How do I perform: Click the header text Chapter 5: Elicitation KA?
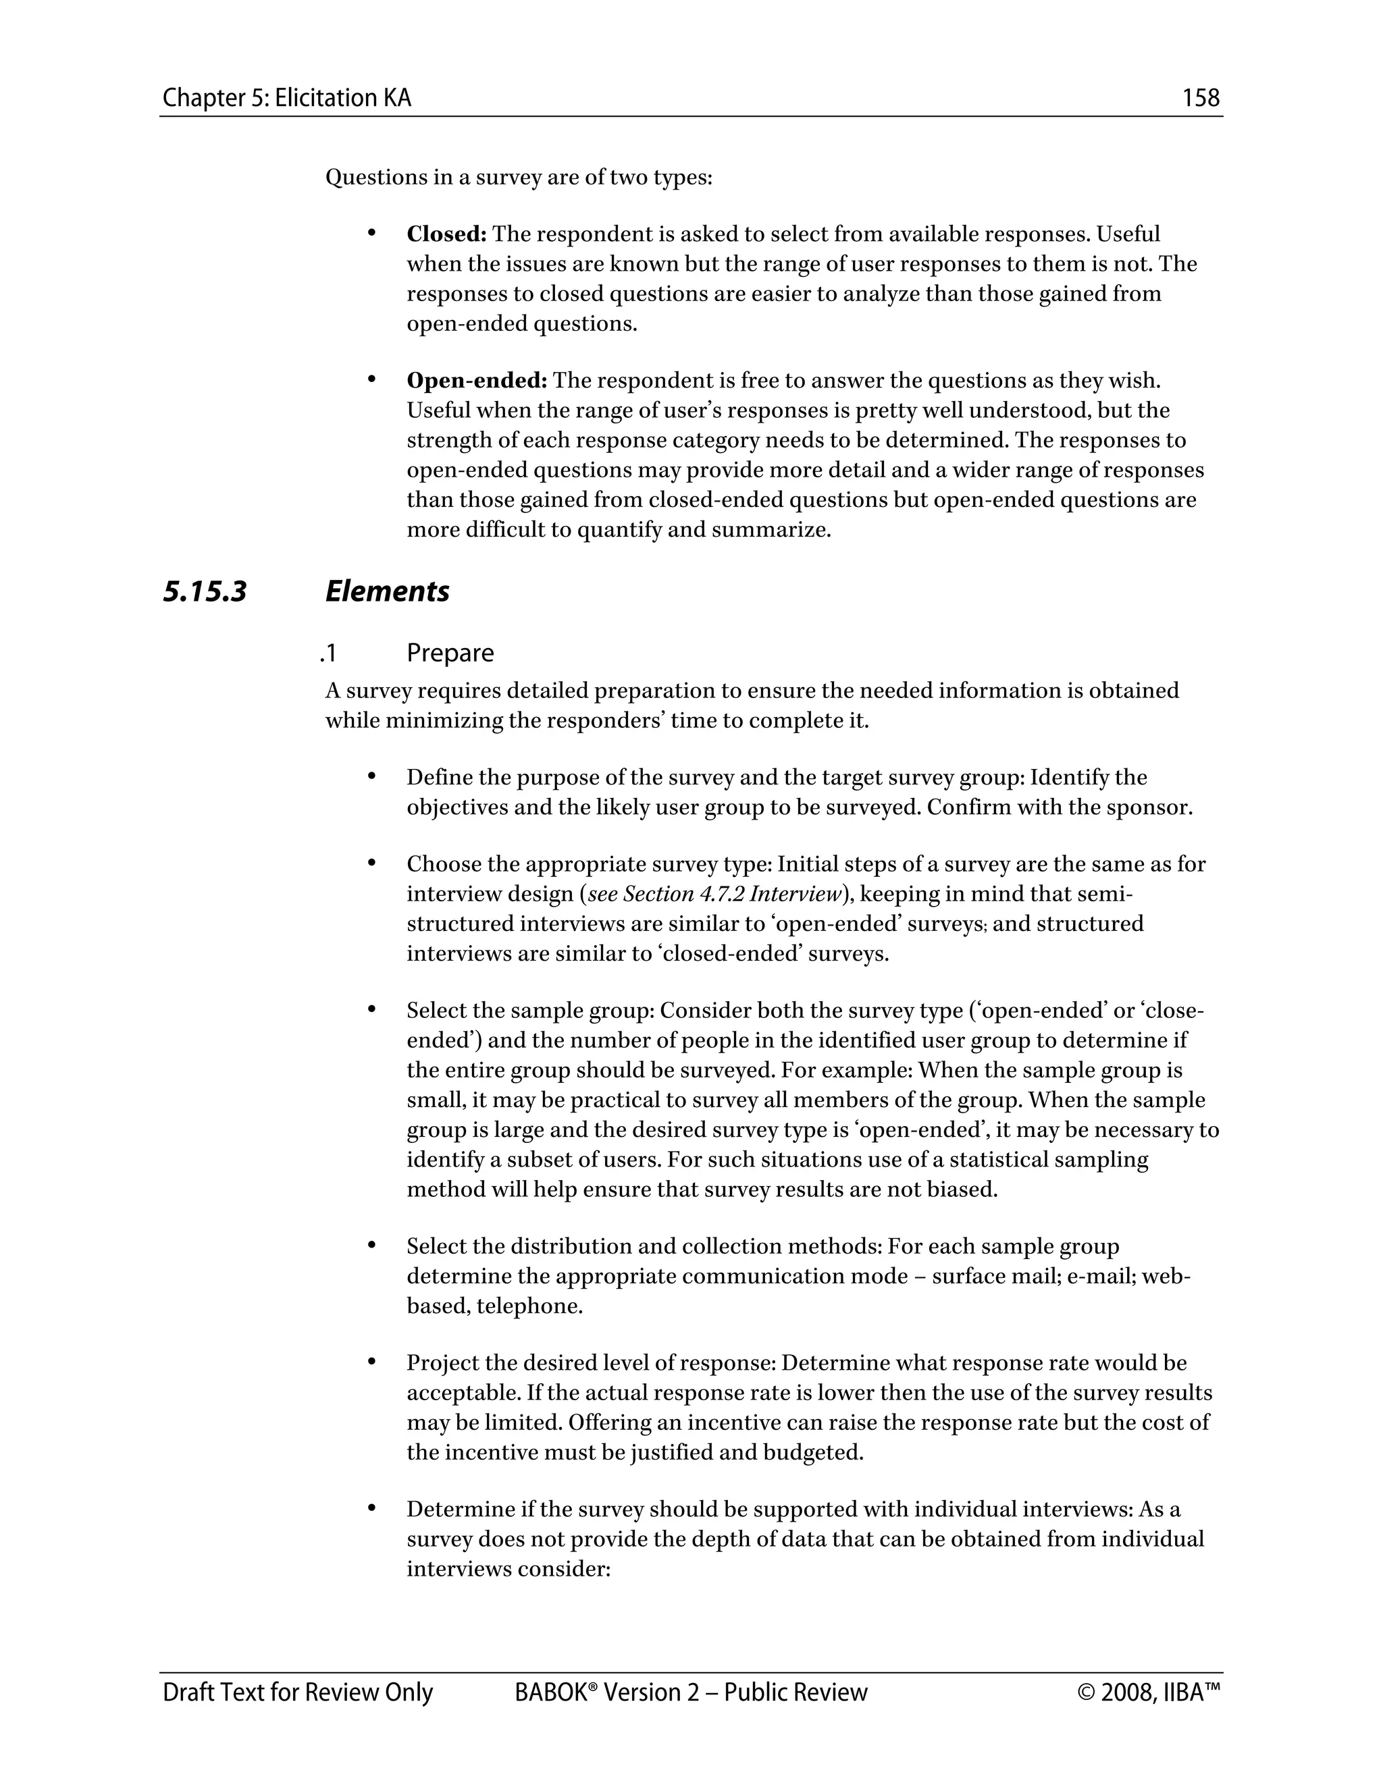click(x=287, y=99)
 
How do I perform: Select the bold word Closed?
click(x=446, y=234)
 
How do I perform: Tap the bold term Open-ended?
click(x=477, y=381)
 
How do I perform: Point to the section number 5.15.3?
click(x=205, y=591)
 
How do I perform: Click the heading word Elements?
click(x=387, y=591)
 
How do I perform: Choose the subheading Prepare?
click(x=450, y=653)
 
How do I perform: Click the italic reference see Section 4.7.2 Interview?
click(x=714, y=894)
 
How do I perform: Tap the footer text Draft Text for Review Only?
click(x=297, y=1692)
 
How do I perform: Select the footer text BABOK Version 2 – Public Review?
click(x=691, y=1692)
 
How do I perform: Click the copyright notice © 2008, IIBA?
click(x=1149, y=1692)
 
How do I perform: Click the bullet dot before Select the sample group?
click(x=371, y=1010)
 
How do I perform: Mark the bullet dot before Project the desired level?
click(x=371, y=1362)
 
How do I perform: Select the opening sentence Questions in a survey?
click(x=519, y=178)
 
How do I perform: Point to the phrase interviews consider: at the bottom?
click(x=508, y=1570)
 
